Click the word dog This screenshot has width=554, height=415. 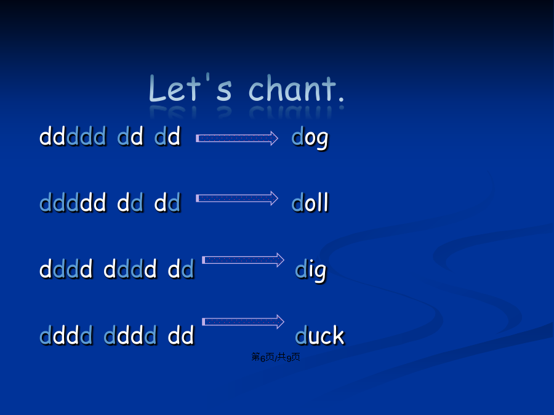click(310, 138)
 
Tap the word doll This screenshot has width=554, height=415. click(310, 202)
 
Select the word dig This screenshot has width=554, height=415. click(311, 270)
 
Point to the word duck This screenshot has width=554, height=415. click(319, 334)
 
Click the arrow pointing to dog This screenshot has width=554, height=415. click(237, 138)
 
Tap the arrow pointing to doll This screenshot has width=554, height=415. click(237, 199)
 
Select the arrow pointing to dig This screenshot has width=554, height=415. click(243, 260)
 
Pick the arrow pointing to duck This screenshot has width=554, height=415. click(243, 322)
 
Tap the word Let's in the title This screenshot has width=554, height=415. click(190, 87)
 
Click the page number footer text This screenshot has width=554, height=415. click(276, 357)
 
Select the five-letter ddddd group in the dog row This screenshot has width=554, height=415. click(73, 136)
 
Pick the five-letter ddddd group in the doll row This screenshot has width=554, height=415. click(73, 202)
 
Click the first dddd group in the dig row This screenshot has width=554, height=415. click(66, 269)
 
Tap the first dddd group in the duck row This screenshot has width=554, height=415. click(66, 334)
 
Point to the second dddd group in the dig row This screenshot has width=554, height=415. click(130, 269)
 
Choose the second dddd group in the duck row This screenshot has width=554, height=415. click(130, 334)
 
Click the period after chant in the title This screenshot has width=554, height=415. click(341, 99)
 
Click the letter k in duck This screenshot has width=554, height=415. click(338, 334)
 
